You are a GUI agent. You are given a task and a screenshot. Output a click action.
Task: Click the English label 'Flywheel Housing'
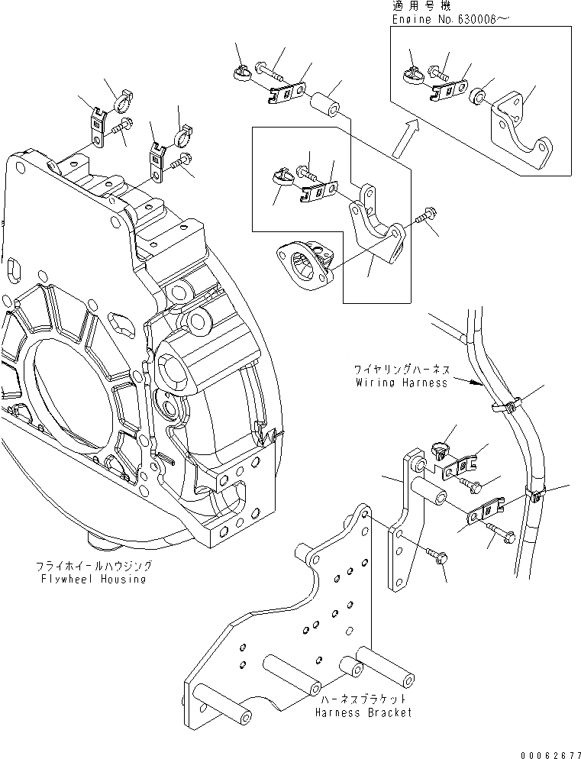coord(94,579)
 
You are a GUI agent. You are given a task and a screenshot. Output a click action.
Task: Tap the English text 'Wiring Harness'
coord(402,383)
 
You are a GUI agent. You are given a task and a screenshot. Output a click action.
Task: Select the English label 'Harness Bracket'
coord(363,712)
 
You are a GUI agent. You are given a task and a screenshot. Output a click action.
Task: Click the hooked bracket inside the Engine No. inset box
coord(525,134)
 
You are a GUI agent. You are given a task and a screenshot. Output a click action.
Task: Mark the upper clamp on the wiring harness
coord(504,405)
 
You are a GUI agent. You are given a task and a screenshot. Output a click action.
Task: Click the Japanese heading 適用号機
coord(420,5)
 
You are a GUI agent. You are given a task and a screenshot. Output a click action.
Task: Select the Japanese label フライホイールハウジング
coord(94,567)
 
